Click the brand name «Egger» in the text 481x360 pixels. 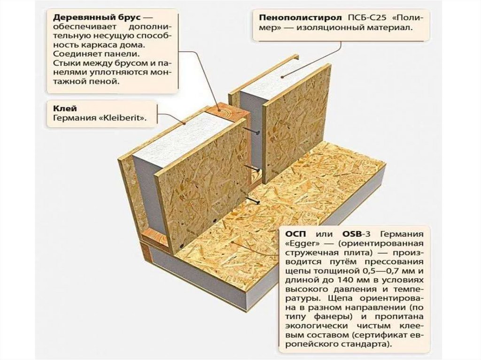pos(300,244)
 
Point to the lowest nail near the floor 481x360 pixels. pos(256,201)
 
